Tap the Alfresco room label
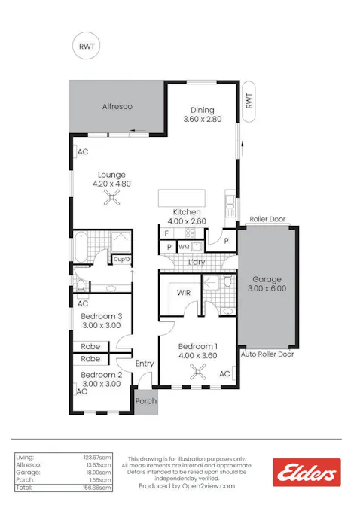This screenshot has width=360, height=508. (x=117, y=107)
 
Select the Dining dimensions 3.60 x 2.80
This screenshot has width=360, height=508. (x=202, y=119)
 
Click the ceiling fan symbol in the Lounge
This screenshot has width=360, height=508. (x=112, y=198)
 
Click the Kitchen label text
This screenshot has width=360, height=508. (x=187, y=212)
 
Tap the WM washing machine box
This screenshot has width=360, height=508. (x=184, y=246)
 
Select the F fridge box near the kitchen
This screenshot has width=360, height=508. (x=167, y=233)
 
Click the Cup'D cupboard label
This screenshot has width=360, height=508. (x=121, y=260)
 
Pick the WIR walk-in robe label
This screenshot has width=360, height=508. (x=183, y=292)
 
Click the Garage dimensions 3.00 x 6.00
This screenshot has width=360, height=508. (x=268, y=287)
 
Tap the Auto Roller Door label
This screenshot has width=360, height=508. (x=267, y=354)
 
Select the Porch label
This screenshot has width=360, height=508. (x=146, y=401)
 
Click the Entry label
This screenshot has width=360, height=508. (x=145, y=364)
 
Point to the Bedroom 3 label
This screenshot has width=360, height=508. (x=102, y=315)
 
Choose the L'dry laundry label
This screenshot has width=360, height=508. (x=197, y=262)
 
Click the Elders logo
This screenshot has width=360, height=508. (x=307, y=473)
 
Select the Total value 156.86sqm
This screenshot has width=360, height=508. (x=98, y=488)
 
